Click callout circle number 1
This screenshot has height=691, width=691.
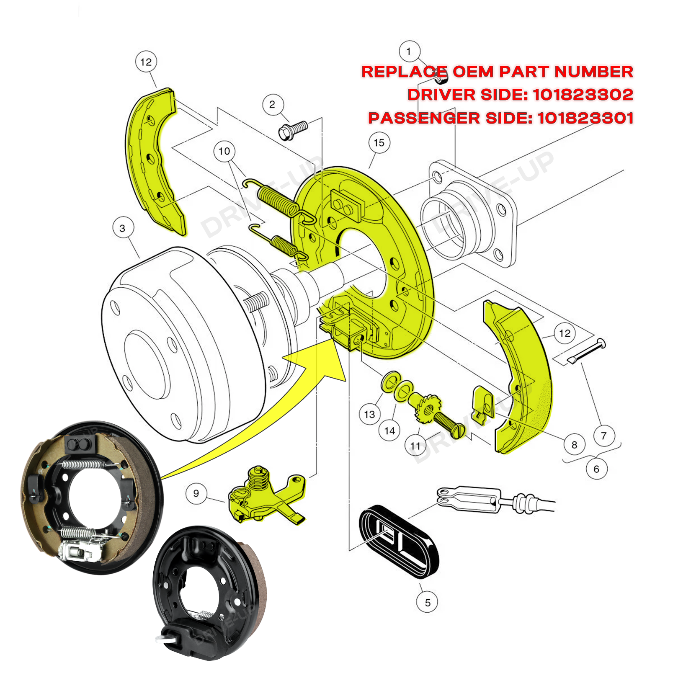[409, 52]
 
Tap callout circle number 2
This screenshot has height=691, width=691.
[273, 105]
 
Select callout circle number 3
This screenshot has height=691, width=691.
[123, 228]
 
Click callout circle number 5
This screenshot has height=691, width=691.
[427, 602]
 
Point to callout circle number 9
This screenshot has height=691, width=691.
[196, 493]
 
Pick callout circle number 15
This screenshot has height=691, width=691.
[379, 143]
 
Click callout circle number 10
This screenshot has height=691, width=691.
[224, 151]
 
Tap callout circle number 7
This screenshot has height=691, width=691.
[603, 436]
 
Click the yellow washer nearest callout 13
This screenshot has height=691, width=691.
[390, 381]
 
